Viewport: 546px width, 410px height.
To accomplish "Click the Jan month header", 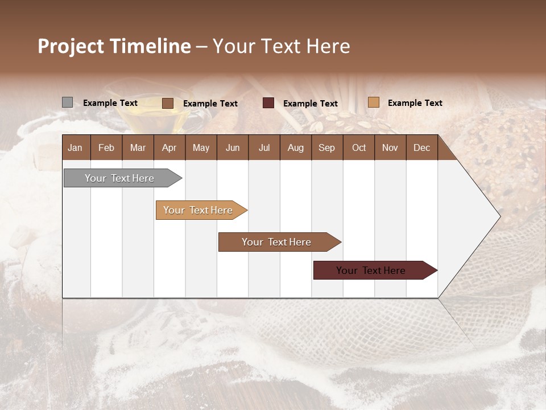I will tap(76, 147).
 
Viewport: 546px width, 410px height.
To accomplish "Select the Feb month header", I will tap(106, 147).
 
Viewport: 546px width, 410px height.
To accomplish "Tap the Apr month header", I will tap(169, 147).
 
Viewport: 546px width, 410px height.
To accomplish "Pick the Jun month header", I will tap(233, 147).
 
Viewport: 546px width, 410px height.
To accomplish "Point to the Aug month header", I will tap(296, 147).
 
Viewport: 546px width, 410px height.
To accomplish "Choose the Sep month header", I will tap(327, 147).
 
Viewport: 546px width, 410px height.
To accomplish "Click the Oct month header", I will tap(359, 147).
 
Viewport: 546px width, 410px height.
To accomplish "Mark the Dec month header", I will tap(422, 147).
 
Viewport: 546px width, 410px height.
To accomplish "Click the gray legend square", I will tap(67, 102).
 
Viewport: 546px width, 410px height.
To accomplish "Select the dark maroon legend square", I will tap(268, 103).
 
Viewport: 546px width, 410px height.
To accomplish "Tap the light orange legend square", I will tap(373, 102).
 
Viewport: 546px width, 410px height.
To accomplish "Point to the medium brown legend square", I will tap(168, 103).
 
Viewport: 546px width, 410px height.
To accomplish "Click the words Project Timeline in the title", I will tap(114, 46).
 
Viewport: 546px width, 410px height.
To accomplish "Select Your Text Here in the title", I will tap(282, 46).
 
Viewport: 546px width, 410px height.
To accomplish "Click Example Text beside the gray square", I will tap(110, 103).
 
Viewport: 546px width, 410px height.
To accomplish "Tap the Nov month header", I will tap(390, 147).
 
